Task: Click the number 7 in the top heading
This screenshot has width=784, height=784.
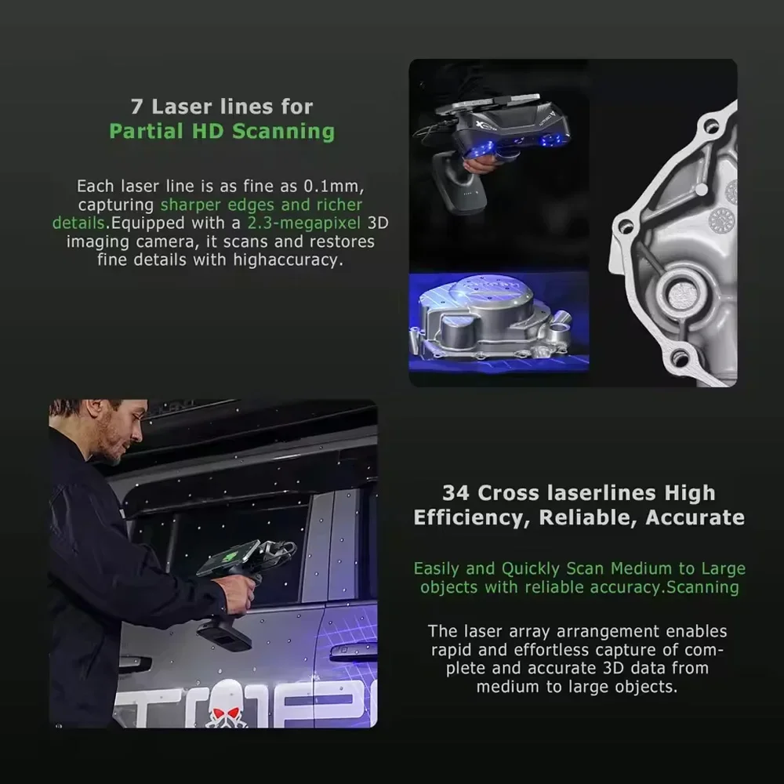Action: click(x=136, y=106)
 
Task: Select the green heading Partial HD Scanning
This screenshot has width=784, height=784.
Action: click(x=222, y=131)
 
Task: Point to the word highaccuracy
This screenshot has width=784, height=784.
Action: click(x=288, y=260)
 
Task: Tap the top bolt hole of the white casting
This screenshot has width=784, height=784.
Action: click(x=711, y=125)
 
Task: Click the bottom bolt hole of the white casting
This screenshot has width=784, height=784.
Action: click(x=680, y=358)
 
